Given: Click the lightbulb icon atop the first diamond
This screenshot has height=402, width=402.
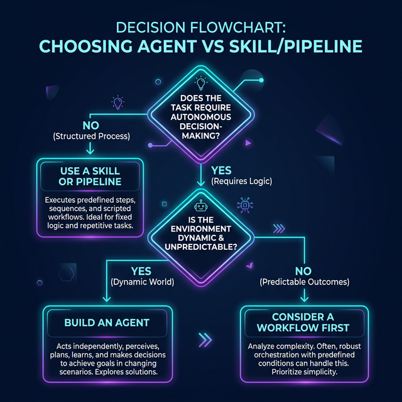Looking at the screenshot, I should point(201,83).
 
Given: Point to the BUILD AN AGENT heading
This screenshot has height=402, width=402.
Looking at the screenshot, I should point(107,322).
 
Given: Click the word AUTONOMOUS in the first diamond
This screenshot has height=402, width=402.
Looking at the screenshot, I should point(201,117).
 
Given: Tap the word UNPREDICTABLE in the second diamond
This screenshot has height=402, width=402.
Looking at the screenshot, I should point(201,247).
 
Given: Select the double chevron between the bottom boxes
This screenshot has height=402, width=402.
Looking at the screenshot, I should point(205,340).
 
